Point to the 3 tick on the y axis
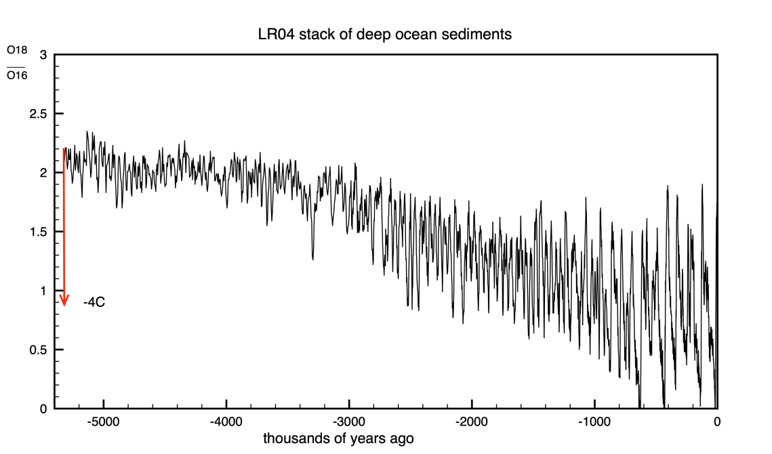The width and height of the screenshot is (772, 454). [x=43, y=55]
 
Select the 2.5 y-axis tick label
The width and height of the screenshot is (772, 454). [x=38, y=114]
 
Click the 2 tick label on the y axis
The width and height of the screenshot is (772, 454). [x=43, y=173]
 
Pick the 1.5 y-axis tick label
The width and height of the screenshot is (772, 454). [x=38, y=232]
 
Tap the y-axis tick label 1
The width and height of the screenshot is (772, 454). [x=43, y=291]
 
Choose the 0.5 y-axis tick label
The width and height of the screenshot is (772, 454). [x=38, y=350]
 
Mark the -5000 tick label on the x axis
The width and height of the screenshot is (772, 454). [x=104, y=421]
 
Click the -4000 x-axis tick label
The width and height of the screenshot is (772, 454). [x=226, y=421]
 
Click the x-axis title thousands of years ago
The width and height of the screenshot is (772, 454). [x=338, y=438]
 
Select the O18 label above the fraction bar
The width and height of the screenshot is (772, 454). [x=16, y=50]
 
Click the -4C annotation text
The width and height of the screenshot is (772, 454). [x=94, y=302]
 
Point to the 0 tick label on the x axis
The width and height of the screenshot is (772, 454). [x=717, y=421]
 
